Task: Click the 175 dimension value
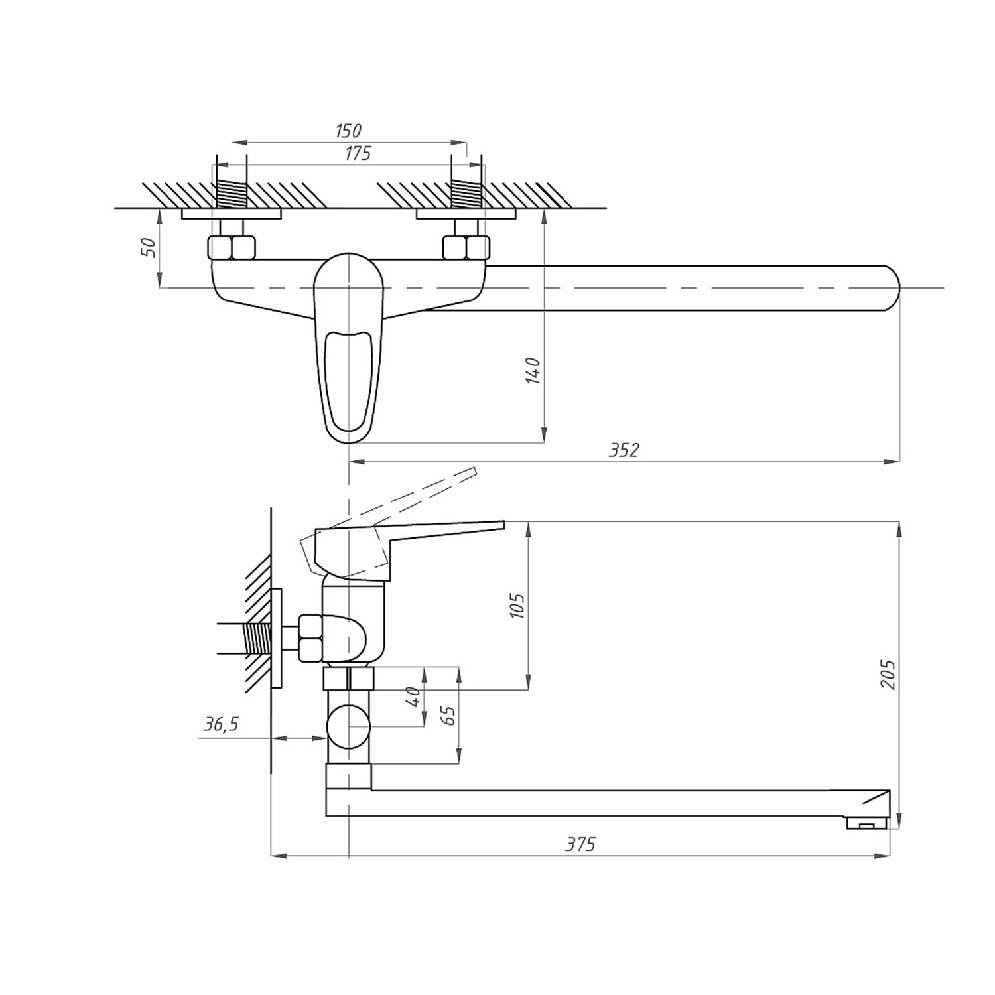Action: point(358,153)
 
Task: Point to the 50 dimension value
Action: point(150,247)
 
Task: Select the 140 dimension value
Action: point(533,370)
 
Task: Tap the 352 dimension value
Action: point(624,450)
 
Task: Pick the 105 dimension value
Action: point(517,606)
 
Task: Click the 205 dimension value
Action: point(888,675)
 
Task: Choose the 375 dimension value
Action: point(580,844)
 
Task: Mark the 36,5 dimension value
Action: point(221,724)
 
